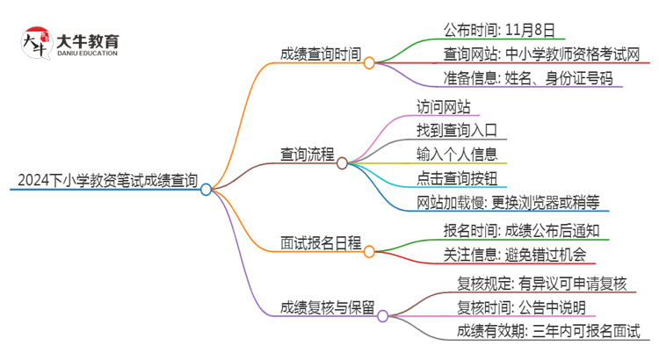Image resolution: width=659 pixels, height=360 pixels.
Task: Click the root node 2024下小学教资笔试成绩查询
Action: point(103,182)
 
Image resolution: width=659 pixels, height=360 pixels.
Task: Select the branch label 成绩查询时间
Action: point(320,54)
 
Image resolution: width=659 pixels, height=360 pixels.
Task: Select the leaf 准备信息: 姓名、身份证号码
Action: point(532,78)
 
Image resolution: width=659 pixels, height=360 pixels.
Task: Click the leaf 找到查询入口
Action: point(457,131)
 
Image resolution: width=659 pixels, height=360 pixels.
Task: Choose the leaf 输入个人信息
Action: point(457,155)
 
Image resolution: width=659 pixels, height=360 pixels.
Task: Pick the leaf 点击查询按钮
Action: point(457,178)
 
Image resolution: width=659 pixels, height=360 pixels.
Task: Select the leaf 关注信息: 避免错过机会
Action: point(514,255)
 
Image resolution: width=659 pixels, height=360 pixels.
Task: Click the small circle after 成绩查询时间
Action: point(369,63)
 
